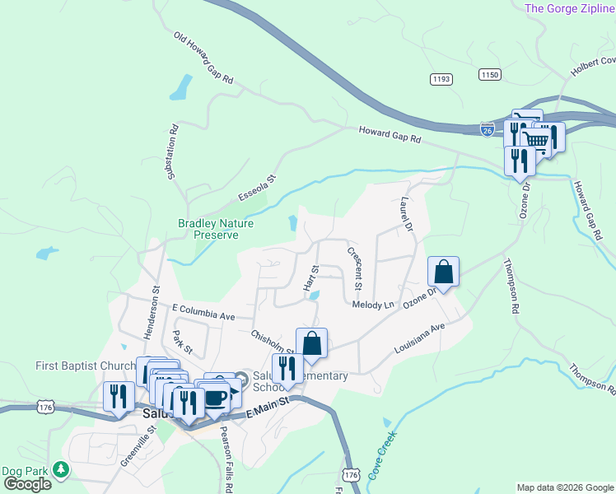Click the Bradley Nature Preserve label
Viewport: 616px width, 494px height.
(x=216, y=229)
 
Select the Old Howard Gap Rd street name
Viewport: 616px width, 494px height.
(x=204, y=59)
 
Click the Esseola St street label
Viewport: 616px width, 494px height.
(x=257, y=186)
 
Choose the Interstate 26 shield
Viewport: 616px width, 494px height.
(x=488, y=128)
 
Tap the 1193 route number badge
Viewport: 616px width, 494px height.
(x=441, y=78)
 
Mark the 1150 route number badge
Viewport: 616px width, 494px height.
(x=490, y=75)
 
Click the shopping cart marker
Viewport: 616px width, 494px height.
(x=536, y=139)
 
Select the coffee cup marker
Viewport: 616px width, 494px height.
(x=216, y=398)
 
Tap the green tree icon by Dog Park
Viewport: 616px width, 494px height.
(x=60, y=469)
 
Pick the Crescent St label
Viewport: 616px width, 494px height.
(x=354, y=268)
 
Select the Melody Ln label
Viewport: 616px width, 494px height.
(x=373, y=305)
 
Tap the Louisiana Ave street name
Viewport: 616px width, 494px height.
(x=419, y=338)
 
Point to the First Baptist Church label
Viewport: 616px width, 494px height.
(x=85, y=366)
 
